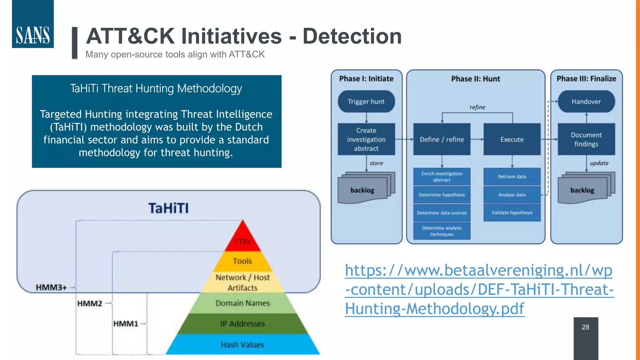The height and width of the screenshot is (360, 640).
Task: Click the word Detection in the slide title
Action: tap(352, 36)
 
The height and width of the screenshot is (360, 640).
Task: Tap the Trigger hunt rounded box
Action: tap(366, 102)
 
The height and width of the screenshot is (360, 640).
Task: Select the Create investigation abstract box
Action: tap(366, 139)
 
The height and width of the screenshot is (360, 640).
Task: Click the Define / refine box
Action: tap(442, 139)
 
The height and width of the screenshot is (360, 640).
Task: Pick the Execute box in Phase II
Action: tap(512, 139)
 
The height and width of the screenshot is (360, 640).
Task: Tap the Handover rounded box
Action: tap(586, 102)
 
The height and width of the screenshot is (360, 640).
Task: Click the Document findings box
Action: tap(586, 139)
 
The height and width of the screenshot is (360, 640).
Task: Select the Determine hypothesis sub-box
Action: tap(442, 195)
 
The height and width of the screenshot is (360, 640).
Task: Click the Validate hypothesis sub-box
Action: tap(512, 212)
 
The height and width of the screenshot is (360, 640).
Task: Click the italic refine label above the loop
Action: tap(477, 107)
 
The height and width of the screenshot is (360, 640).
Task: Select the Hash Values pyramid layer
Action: tap(242, 344)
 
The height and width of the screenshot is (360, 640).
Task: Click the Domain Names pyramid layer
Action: tap(242, 303)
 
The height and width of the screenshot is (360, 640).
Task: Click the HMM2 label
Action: tap(90, 303)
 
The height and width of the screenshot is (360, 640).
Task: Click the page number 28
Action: tap(585, 327)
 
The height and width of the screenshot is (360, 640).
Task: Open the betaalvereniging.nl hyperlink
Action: tap(479, 289)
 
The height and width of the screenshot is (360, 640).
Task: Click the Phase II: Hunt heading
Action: tap(476, 79)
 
